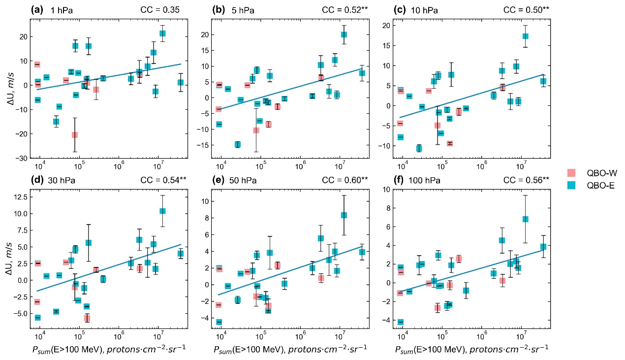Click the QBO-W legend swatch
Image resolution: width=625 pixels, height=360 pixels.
click(x=571, y=172)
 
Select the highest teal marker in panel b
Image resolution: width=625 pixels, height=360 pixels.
click(x=344, y=34)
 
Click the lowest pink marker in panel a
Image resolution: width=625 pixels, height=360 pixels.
click(x=75, y=134)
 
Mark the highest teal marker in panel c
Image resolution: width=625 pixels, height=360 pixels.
click(x=526, y=36)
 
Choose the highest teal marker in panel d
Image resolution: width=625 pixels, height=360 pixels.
click(x=162, y=211)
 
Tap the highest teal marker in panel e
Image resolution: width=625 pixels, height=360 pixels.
click(x=344, y=215)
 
